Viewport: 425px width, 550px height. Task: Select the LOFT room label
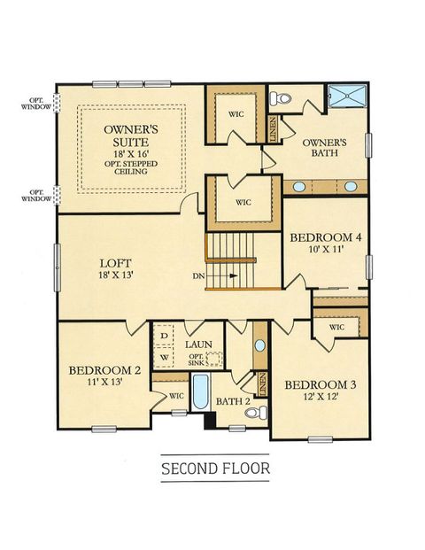tap(116, 262)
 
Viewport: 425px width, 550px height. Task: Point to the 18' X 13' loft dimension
tap(117, 276)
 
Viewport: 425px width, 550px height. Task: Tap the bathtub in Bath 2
tap(200, 395)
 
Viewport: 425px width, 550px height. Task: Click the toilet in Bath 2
tap(237, 423)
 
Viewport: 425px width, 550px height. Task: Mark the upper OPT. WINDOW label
tap(37, 105)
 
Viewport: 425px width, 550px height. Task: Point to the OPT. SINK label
tap(197, 360)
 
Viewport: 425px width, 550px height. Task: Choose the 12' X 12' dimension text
tap(316, 399)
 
